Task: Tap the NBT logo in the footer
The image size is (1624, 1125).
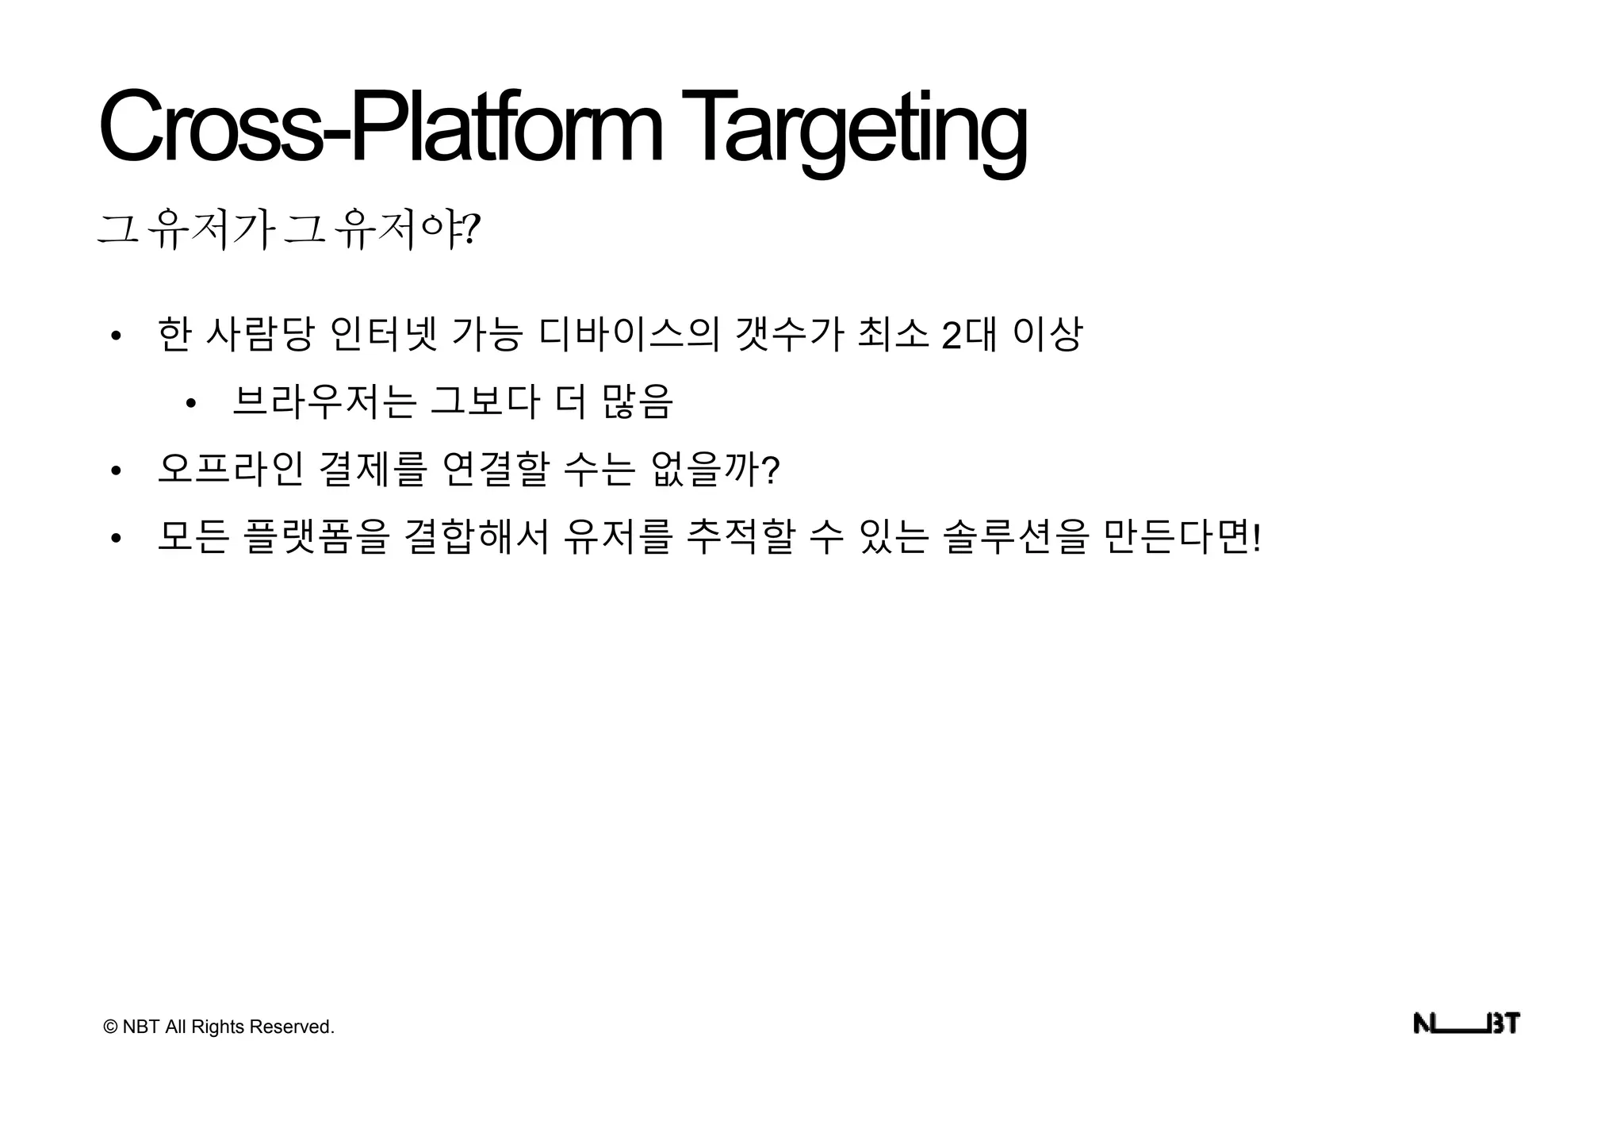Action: (1466, 1024)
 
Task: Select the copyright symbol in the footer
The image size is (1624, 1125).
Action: (110, 1027)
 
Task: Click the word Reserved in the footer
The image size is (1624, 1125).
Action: (291, 1027)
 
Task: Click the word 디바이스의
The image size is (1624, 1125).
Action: (628, 334)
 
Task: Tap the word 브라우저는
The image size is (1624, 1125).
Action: (324, 401)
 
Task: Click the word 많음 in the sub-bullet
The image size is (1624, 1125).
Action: (638, 401)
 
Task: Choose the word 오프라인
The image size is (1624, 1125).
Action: (230, 469)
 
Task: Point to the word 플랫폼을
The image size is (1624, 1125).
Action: (316, 537)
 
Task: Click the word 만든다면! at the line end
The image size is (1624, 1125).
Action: (1182, 537)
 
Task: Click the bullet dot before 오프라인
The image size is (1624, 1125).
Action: (116, 471)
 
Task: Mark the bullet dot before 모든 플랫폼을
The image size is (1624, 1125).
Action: (116, 539)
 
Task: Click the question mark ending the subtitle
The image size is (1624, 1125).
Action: (472, 230)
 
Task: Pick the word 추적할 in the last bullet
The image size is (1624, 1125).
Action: (740, 537)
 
